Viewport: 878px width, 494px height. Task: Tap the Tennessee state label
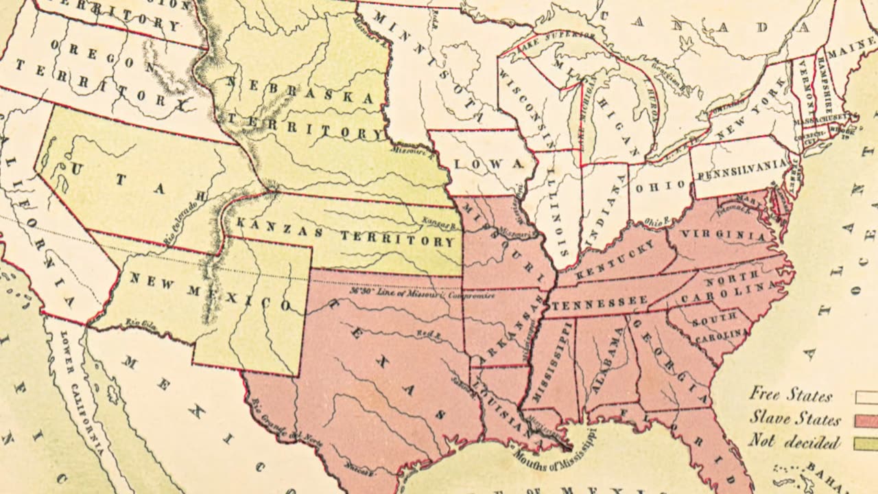598,302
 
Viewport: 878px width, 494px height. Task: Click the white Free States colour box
866,397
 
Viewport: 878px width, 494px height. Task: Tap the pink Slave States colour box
866,421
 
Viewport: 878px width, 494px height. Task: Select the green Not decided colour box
866,444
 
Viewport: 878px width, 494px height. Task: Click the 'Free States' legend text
790,395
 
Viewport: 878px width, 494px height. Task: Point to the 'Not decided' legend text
794,441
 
